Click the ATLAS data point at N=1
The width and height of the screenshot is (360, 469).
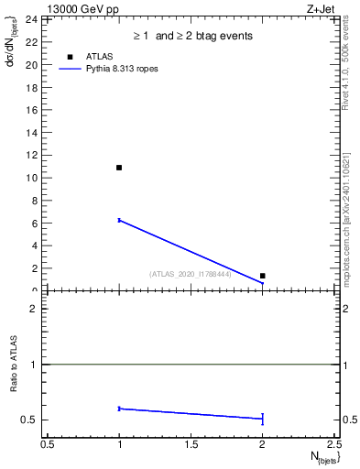pos(119,168)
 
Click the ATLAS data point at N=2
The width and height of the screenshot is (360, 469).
pos(263,276)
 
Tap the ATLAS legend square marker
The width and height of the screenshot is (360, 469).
pos(71,57)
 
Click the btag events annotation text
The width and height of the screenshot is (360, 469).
pos(191,37)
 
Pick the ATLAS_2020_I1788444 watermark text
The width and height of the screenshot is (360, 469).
pos(190,274)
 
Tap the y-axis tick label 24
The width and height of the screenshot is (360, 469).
pos(31,19)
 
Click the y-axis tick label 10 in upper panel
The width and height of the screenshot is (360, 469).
pos(31,178)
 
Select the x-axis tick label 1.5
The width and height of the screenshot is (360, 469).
pos(191,444)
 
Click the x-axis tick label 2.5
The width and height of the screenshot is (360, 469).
pos(333,444)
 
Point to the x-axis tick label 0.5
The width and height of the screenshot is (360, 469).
pos(48,444)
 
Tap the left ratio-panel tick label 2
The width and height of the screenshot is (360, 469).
pos(34,309)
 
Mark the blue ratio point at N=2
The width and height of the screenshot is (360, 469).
pos(263,419)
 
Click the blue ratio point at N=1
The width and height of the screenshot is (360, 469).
pos(119,409)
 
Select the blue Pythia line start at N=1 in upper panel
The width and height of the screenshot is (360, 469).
pos(119,220)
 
